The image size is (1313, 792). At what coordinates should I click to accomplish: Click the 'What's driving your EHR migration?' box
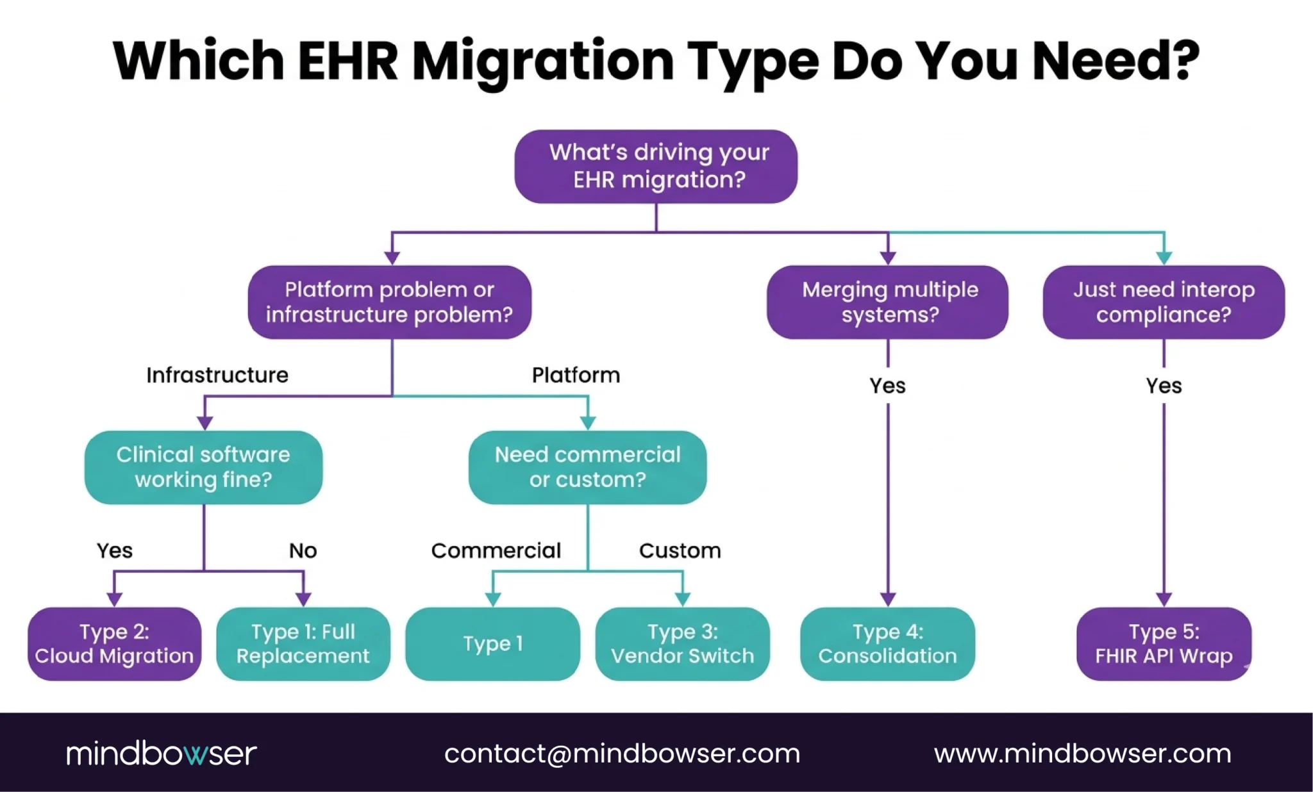pyautogui.click(x=656, y=167)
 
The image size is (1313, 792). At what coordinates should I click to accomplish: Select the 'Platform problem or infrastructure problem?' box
pyautogui.click(x=390, y=302)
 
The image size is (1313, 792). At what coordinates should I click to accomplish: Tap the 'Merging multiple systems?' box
pyautogui.click(x=887, y=302)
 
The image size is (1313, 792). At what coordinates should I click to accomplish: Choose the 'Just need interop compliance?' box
pyautogui.click(x=1164, y=302)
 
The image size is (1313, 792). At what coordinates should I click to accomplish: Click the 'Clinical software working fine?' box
pyautogui.click(x=203, y=467)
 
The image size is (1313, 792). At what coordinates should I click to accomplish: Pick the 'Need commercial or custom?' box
pyautogui.click(x=587, y=467)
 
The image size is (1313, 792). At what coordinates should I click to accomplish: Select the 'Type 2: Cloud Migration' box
pyautogui.click(x=114, y=644)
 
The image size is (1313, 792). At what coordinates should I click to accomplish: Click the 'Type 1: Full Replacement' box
pyautogui.click(x=303, y=644)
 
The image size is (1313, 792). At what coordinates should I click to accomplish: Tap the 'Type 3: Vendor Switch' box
pyautogui.click(x=682, y=644)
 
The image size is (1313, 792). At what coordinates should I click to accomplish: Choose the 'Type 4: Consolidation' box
pyautogui.click(x=887, y=644)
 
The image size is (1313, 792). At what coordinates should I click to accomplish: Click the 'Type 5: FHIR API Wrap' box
pyautogui.click(x=1164, y=644)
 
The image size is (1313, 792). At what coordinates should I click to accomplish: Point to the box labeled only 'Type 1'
pyautogui.click(x=492, y=644)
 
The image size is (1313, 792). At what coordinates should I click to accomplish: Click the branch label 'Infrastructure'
pyautogui.click(x=217, y=375)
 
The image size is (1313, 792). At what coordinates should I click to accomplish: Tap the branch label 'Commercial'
pyautogui.click(x=496, y=550)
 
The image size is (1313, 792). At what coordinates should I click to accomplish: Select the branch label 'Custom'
pyautogui.click(x=680, y=550)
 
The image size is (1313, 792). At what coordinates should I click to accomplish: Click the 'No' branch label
pyautogui.click(x=303, y=550)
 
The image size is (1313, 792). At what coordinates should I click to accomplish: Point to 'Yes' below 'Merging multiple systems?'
pyautogui.click(x=887, y=386)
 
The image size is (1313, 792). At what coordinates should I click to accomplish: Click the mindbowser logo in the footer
pyautogui.click(x=161, y=754)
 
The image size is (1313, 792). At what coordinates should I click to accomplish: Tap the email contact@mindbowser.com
pyautogui.click(x=622, y=754)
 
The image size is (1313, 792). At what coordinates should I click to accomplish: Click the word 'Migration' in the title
pyautogui.click(x=542, y=62)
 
